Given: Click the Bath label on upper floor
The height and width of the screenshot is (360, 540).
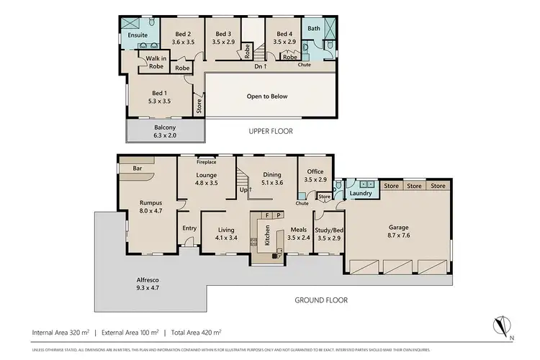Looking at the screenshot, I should click(313, 28).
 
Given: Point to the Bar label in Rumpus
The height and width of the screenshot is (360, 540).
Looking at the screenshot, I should click(136, 170).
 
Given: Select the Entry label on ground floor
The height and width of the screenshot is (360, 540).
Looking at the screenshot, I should click(189, 228).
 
